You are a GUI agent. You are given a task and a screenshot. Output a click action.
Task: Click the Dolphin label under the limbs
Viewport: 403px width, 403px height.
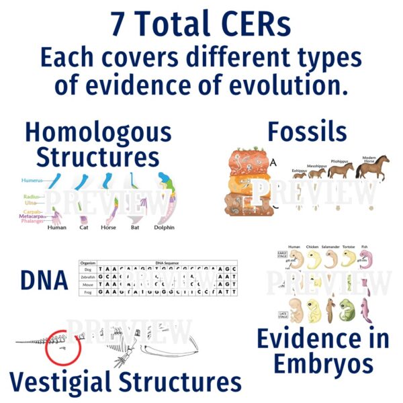pos(163,228)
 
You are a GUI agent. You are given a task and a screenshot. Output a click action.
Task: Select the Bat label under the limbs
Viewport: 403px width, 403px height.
pos(135,228)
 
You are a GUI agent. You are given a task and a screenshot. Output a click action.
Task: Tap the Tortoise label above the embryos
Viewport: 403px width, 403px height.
pos(348,247)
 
